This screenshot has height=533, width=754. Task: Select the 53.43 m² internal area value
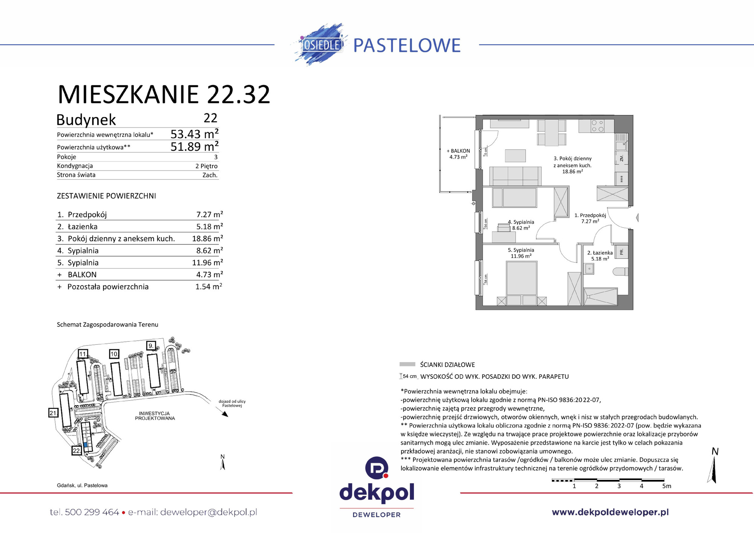coord(194,134)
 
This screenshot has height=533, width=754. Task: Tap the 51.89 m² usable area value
coord(194,146)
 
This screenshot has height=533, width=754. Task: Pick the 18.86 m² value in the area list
coord(207,238)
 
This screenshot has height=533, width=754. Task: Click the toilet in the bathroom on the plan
coord(621,272)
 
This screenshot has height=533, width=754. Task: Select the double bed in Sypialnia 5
coord(521,281)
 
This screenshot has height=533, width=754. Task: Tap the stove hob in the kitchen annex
coord(597,126)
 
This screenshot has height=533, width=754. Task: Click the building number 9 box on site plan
coord(151,346)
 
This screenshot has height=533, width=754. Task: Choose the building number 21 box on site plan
coord(53,413)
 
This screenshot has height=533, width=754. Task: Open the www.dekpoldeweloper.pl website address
coord(610,512)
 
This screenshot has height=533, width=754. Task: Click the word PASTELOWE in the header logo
coord(407,45)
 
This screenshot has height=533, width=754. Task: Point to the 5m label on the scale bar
coord(667,486)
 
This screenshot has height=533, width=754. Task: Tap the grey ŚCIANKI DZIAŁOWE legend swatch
coord(407,364)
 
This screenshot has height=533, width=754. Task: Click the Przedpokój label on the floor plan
coord(590,215)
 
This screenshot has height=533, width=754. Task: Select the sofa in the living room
coord(515,175)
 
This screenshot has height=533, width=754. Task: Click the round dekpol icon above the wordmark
coord(377,468)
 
